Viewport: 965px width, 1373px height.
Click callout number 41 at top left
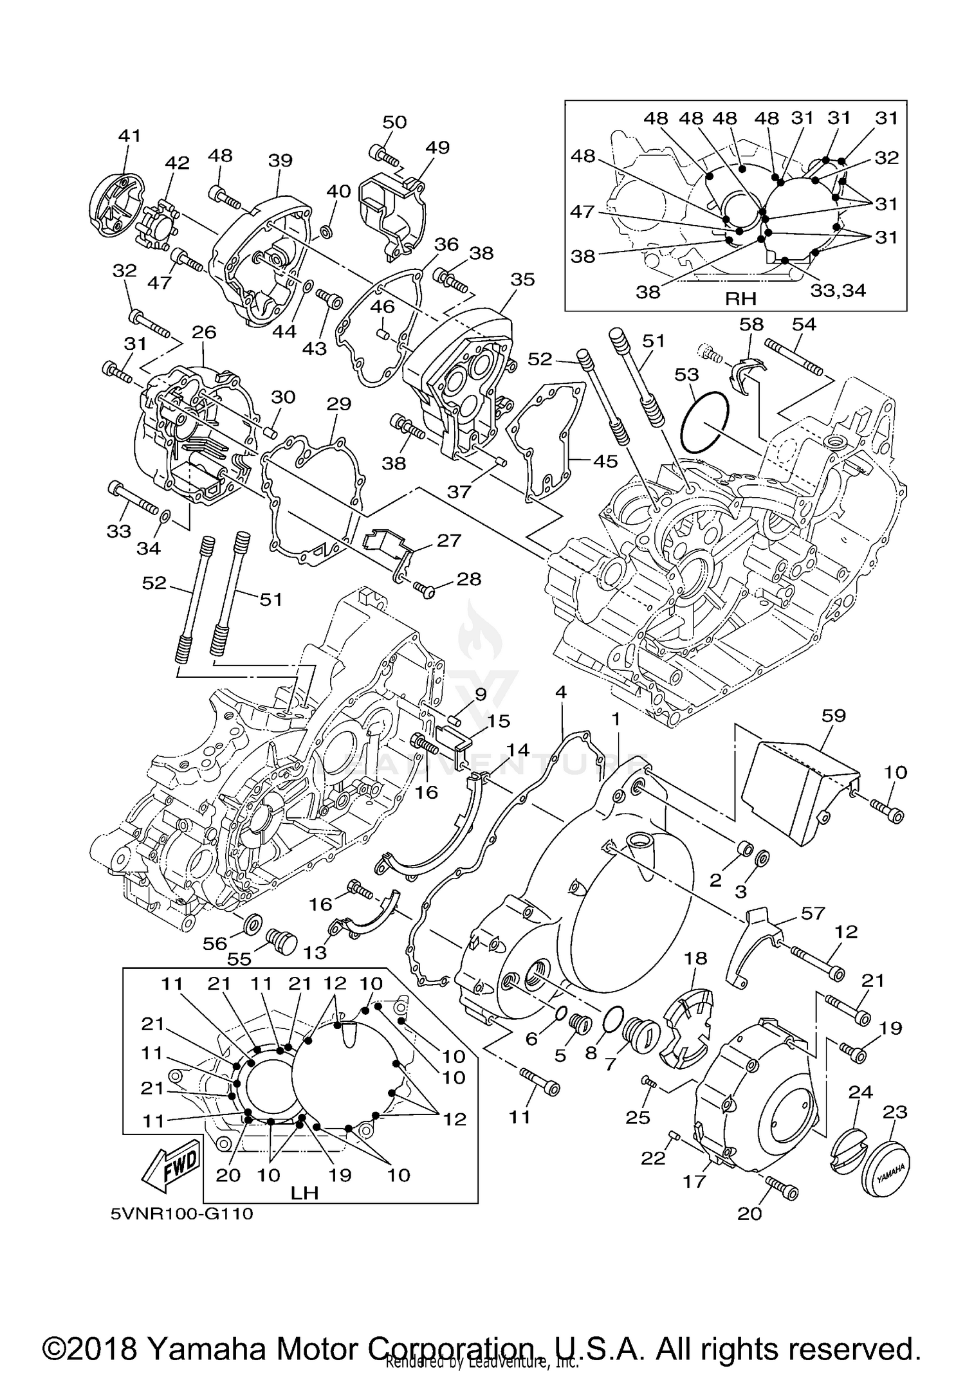[x=129, y=136]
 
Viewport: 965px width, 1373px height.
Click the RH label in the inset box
[x=740, y=298]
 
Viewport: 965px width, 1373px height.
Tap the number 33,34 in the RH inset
[x=838, y=291]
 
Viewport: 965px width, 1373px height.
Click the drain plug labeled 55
[x=280, y=942]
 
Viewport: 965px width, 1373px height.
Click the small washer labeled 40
[x=327, y=230]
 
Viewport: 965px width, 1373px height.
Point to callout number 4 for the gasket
[x=561, y=693]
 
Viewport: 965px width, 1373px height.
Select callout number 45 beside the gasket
[x=605, y=460]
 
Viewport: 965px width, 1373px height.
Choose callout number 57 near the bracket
[x=813, y=913]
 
